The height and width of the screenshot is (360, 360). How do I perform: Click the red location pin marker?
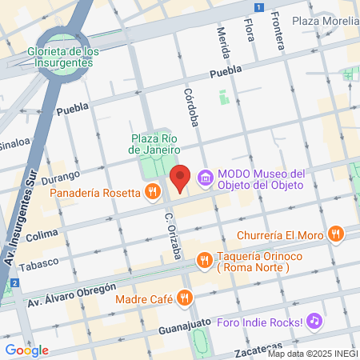(x=181, y=178)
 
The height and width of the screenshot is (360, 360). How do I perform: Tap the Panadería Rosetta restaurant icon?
(x=151, y=191)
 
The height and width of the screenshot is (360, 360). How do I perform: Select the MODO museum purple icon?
(x=206, y=177)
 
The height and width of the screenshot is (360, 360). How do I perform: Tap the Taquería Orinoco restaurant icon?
(x=204, y=259)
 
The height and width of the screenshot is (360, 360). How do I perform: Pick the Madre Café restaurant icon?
(x=185, y=299)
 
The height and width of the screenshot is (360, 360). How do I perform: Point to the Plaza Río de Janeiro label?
(x=155, y=143)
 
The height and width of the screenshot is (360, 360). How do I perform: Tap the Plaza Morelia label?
(x=325, y=20)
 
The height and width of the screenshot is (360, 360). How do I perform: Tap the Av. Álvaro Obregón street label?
(x=73, y=290)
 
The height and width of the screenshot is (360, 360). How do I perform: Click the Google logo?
(x=26, y=350)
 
